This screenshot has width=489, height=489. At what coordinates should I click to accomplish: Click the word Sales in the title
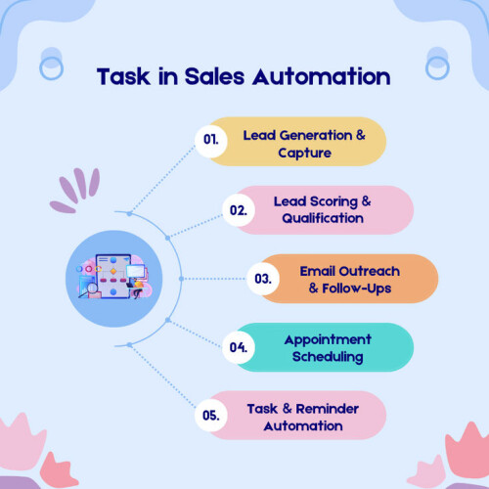[214, 76]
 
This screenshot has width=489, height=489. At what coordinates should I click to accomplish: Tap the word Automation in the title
[322, 76]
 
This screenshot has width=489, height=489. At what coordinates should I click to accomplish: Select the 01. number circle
[211, 140]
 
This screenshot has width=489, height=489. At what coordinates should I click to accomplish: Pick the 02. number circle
[239, 210]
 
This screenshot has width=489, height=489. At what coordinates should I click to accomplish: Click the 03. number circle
[263, 279]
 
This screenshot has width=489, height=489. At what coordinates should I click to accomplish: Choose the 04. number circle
[239, 347]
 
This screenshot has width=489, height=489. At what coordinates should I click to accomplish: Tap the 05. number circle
[211, 416]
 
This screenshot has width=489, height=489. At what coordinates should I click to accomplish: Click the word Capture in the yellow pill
[304, 154]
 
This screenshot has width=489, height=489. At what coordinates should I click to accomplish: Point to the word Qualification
[323, 218]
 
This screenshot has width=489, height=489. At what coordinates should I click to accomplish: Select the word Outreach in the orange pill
[369, 271]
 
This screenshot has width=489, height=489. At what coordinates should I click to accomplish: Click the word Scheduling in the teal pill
[328, 357]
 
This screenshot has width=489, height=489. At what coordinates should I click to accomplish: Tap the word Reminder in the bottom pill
[328, 409]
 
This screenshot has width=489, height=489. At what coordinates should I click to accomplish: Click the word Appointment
[328, 340]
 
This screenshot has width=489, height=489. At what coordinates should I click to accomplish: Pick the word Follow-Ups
[357, 289]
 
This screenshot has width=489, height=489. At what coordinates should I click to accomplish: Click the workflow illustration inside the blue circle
[114, 277]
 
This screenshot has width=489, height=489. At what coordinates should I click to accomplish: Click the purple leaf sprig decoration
[75, 190]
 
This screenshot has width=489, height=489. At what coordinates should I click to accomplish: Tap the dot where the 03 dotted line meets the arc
[182, 279]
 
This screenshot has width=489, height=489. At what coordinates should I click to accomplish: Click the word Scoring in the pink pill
[333, 201]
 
